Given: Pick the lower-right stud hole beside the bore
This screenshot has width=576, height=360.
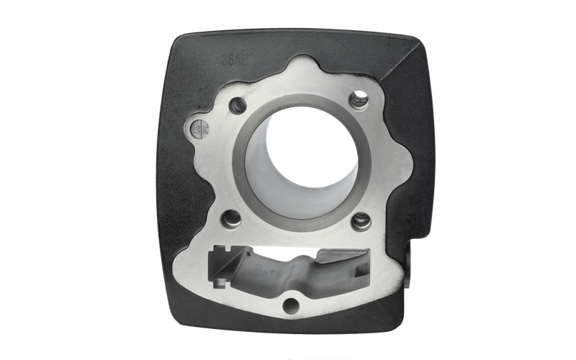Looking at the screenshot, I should [361, 220].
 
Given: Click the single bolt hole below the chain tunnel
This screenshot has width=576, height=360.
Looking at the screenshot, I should [291, 306].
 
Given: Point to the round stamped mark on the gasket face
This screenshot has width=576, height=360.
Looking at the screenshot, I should [199, 130].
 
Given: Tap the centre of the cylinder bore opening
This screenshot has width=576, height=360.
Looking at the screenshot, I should [301, 151].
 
